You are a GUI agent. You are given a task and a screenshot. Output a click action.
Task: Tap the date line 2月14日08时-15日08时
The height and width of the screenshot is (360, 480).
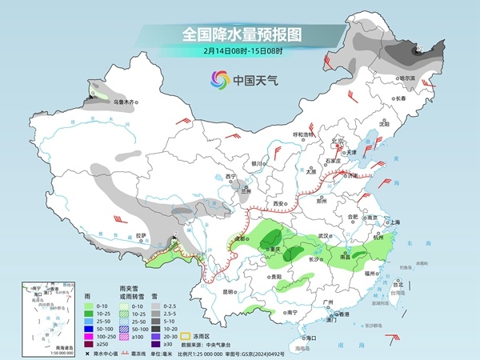[x=240, y=52]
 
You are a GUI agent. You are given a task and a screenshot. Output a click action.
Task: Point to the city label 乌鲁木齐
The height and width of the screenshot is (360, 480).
[x=127, y=102]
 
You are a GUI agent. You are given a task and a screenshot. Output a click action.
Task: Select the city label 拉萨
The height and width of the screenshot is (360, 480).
[x=142, y=235]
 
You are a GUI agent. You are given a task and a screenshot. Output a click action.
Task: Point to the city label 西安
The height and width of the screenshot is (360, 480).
[x=279, y=204]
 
